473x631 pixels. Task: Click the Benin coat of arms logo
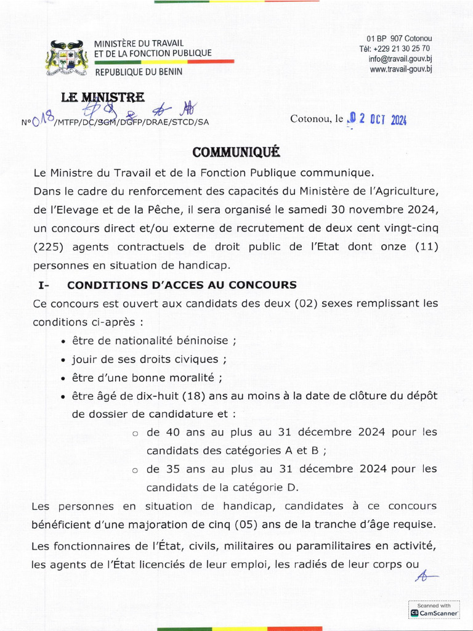click(x=64, y=59)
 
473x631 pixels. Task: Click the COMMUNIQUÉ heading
click(x=236, y=151)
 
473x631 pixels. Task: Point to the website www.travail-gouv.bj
click(x=400, y=69)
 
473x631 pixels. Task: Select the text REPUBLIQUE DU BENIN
click(x=138, y=73)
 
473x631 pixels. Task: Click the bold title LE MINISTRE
click(x=103, y=97)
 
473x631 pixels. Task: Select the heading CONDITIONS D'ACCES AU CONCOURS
click(x=182, y=285)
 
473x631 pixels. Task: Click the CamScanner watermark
click(x=434, y=611)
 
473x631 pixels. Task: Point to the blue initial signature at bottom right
click(x=424, y=576)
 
